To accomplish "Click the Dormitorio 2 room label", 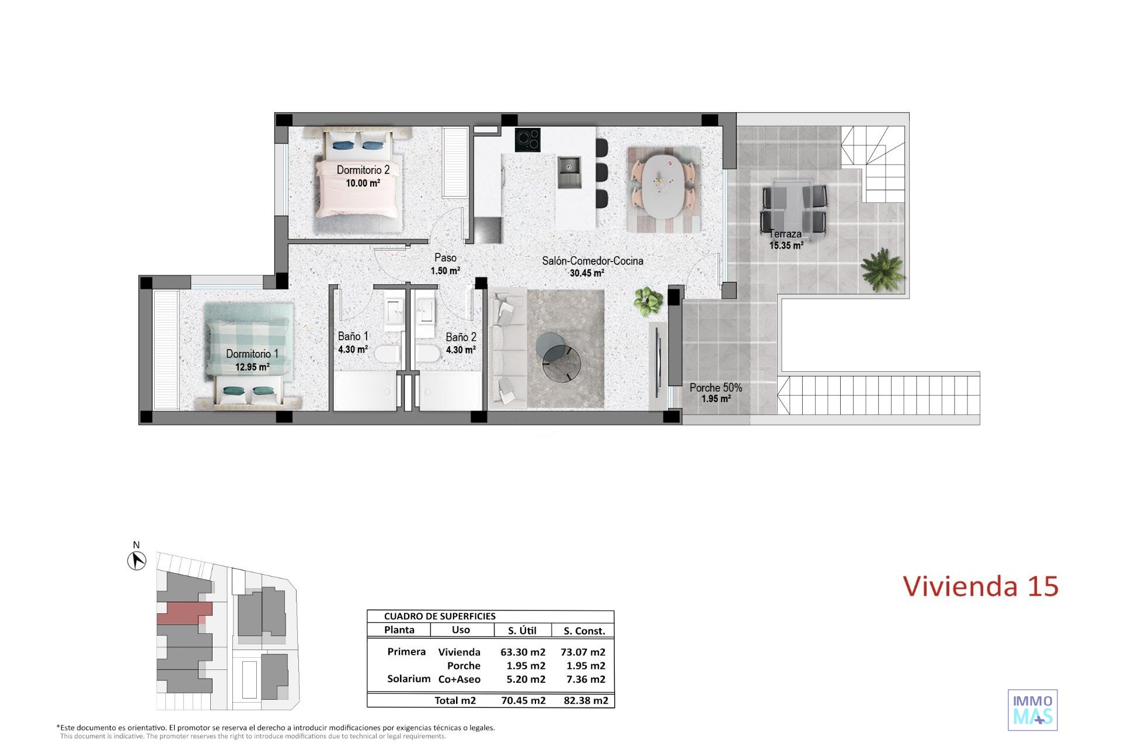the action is [x=363, y=170].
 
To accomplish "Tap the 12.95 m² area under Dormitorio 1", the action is [x=252, y=367].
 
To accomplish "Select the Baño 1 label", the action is [x=353, y=336].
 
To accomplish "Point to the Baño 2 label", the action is [x=461, y=337].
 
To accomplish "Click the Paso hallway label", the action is [x=445, y=258].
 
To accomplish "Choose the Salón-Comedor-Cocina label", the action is [x=593, y=261].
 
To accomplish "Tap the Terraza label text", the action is [x=785, y=234].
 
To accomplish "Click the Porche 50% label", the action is [x=716, y=388].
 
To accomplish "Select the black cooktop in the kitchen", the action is [x=528, y=140].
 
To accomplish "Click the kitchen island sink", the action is [x=569, y=172].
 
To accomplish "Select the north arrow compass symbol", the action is [x=137, y=561].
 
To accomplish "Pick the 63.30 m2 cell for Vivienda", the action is [x=523, y=652].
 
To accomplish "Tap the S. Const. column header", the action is [x=584, y=630].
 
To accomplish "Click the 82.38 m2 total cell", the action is [x=584, y=700].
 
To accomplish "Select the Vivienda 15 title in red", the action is [x=981, y=586].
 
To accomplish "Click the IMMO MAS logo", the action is [x=1033, y=710].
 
